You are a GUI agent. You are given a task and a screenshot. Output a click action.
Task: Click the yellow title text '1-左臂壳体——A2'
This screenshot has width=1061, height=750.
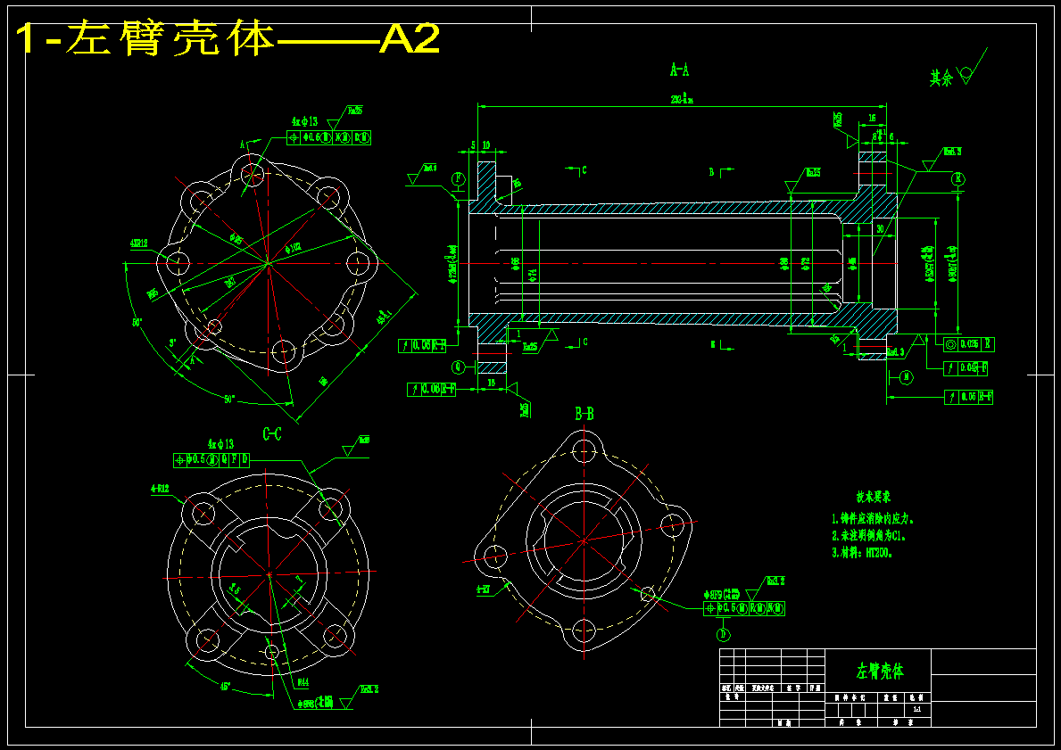[x=228, y=39]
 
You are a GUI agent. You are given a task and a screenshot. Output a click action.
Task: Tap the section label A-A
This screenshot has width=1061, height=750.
[x=679, y=69]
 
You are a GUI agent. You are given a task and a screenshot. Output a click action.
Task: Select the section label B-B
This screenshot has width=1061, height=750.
[x=584, y=413]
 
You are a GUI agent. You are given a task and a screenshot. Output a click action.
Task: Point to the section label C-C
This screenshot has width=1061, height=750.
[x=272, y=434]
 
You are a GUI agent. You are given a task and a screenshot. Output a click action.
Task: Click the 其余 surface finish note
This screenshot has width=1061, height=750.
[x=941, y=78]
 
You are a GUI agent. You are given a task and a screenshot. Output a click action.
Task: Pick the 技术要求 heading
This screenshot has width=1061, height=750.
[x=874, y=497]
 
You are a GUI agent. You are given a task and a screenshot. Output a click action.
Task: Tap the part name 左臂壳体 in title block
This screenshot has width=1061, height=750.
[x=880, y=671]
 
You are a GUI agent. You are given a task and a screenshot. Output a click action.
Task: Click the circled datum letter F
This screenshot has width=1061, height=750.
[x=458, y=178]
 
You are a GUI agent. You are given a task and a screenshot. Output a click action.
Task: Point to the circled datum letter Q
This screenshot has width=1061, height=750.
[x=459, y=366]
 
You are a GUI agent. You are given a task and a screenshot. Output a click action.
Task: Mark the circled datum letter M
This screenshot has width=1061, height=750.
[x=907, y=377]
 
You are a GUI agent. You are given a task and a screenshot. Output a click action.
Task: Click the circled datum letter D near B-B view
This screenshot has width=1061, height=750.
[x=723, y=635]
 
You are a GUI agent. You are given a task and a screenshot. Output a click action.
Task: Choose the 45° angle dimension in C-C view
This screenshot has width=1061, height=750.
[x=226, y=687]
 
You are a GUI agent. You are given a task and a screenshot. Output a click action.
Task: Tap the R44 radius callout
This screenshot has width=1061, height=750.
[x=303, y=682]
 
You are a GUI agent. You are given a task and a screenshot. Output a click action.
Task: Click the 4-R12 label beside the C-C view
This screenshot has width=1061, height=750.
[x=162, y=489]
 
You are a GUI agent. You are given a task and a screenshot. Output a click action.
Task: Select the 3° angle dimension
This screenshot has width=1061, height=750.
[x=172, y=342]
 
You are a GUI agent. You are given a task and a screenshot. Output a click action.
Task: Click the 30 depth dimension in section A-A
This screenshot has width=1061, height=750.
[x=880, y=229]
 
